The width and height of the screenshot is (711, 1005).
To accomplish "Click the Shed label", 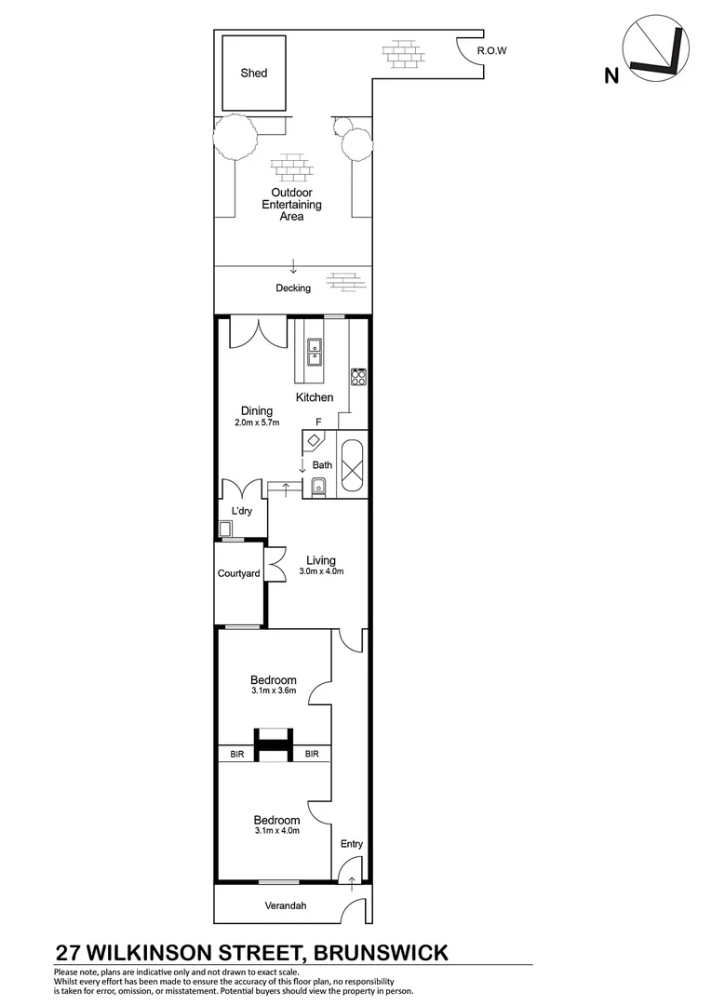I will pos(254,73).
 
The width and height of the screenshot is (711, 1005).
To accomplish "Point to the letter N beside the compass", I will pos(610,76).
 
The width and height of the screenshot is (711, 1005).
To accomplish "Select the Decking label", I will pos(293,288).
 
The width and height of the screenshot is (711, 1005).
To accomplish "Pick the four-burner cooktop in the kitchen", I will pos(358,377).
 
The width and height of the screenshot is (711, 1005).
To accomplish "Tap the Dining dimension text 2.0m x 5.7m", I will pos(256,423).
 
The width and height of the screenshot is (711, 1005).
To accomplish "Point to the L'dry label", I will pos(242,513).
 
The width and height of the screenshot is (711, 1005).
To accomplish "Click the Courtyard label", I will pos(238,574).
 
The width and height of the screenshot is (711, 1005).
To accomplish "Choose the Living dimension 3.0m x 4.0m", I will pos(321,571).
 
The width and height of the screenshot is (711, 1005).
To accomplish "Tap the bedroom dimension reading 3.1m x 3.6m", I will pos(274,691).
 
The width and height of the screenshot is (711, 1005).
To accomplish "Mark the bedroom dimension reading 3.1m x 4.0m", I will pos(276,831).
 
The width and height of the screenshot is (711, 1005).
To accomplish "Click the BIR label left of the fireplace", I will pos(238,755).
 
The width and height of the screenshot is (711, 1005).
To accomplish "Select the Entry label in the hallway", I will pos(352,844).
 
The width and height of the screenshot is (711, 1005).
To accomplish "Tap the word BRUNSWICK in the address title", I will pos(381,952).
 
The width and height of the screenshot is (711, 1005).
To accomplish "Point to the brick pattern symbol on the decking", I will pos(344,280).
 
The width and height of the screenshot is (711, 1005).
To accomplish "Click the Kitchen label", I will pos(315,397).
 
